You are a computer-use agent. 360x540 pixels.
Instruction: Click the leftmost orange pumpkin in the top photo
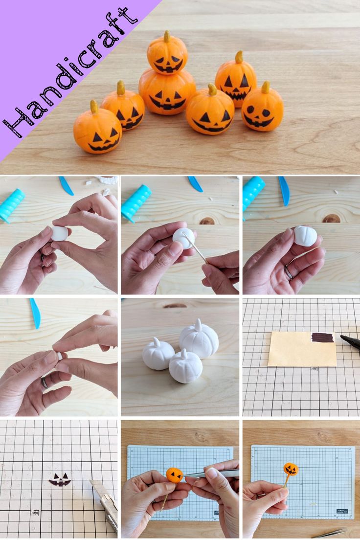(97, 132)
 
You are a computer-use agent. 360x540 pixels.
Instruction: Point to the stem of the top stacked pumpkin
(167, 36)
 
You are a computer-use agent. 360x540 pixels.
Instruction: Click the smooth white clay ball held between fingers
(60, 233)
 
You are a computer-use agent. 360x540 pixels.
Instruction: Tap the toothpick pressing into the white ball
(196, 247)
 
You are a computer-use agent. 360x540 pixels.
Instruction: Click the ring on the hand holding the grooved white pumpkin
(289, 273)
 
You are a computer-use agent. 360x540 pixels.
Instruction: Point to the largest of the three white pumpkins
(199, 339)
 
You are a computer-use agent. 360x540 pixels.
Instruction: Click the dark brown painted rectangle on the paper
(322, 337)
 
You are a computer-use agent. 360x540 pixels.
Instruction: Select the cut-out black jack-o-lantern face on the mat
(60, 479)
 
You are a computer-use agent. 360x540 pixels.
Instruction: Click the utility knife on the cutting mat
(106, 504)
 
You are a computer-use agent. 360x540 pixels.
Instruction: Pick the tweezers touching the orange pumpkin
(210, 473)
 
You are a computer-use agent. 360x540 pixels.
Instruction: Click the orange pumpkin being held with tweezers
(174, 474)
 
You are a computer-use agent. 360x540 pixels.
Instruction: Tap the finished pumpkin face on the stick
(291, 469)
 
